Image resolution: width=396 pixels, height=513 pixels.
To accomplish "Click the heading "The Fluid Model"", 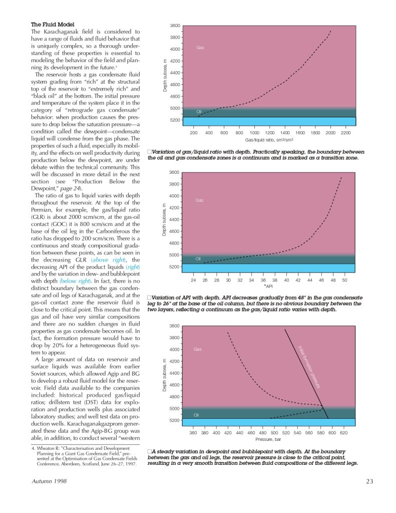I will pyautogui.click(x=53, y=24).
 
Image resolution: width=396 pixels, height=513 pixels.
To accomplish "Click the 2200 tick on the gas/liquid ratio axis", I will pyautogui.click(x=345, y=133).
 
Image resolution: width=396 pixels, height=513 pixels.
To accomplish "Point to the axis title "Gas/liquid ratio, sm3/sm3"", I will pyautogui.click(x=269, y=140).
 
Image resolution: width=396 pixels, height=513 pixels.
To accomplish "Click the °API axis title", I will pyautogui.click(x=268, y=287).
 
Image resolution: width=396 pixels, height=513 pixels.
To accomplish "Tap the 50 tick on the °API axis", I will pyautogui.click(x=344, y=280).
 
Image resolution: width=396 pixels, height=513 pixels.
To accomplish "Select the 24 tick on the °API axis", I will pyautogui.click(x=193, y=280).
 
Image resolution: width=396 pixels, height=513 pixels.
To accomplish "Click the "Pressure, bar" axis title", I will pyautogui.click(x=268, y=439).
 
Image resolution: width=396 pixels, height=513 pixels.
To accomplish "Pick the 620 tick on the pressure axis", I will pyautogui.click(x=344, y=432).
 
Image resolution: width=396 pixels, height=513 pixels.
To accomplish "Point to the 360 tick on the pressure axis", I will pyautogui.click(x=193, y=432).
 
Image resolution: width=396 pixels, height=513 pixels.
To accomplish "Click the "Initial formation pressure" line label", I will pyautogui.click(x=309, y=366).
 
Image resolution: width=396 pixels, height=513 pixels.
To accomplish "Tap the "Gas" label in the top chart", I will pyautogui.click(x=200, y=48).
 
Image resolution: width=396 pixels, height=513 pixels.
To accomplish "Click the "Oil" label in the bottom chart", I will pyautogui.click(x=197, y=415).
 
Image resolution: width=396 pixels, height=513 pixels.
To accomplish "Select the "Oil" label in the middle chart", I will pyautogui.click(x=198, y=259).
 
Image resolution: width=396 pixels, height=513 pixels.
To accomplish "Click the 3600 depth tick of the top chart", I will pyautogui.click(x=174, y=26).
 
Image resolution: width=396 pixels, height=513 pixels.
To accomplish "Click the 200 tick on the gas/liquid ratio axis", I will pyautogui.click(x=194, y=133).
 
